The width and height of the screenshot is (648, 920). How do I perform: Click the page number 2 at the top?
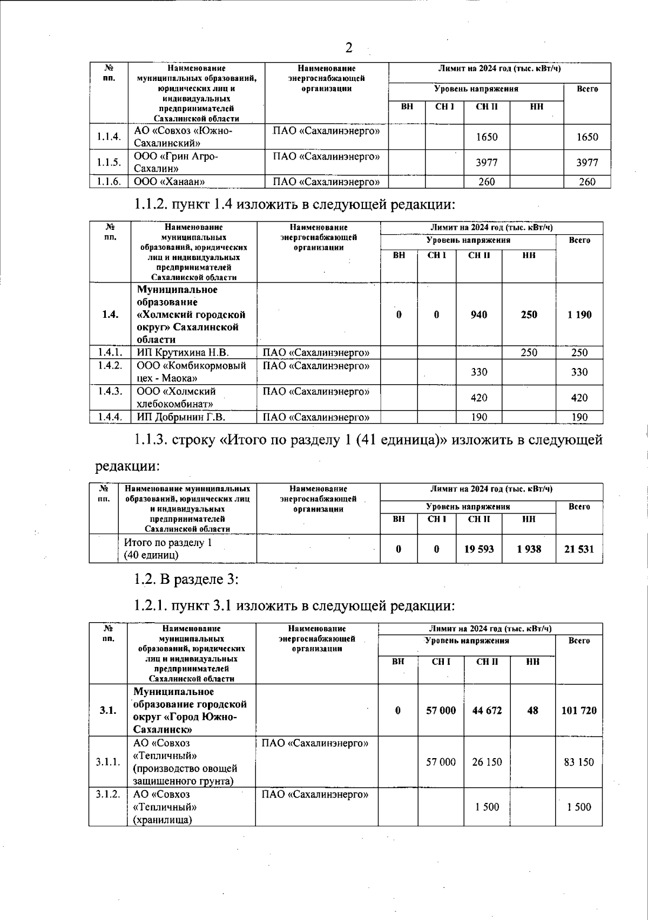[349, 48]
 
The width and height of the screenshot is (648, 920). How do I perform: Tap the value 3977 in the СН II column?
[487, 162]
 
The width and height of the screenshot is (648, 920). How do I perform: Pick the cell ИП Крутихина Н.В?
[183, 352]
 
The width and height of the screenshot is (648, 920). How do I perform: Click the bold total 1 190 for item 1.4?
[579, 315]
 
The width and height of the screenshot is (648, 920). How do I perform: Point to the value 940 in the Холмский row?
[478, 315]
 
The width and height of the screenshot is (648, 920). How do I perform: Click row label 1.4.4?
[110, 417]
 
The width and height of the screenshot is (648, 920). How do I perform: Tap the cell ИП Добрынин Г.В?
[181, 417]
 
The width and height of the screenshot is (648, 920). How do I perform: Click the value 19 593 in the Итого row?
[478, 549]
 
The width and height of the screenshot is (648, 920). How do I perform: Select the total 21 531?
[579, 549]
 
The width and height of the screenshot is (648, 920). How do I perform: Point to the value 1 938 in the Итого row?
[529, 549]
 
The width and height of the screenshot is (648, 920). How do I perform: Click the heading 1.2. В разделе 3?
[186, 580]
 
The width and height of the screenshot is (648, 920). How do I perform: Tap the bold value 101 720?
[579, 711]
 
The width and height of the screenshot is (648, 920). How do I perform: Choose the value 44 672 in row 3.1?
[487, 711]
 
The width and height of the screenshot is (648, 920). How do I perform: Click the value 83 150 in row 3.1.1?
[579, 762]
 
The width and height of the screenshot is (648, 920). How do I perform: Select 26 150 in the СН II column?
[487, 762]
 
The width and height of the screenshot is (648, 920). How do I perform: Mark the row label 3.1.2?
[108, 795]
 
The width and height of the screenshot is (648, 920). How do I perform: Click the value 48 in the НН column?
[532, 711]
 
